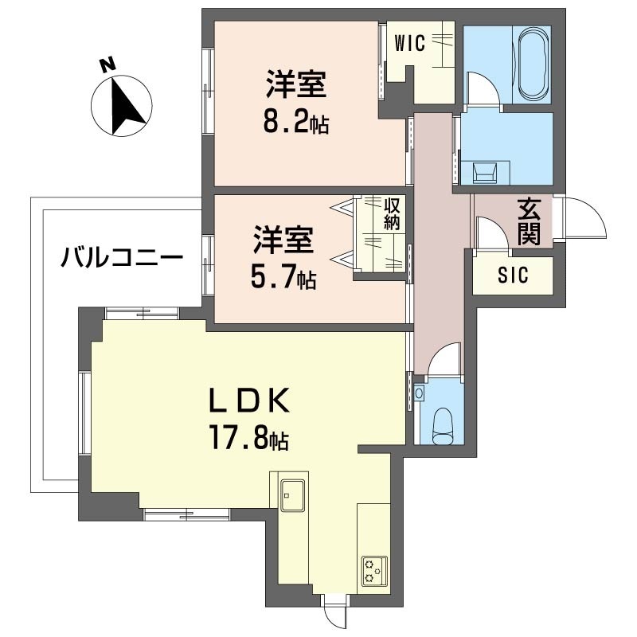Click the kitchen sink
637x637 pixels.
click(290, 494)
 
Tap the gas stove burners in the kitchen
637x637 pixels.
click(373, 569)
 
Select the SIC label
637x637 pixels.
click(513, 276)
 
